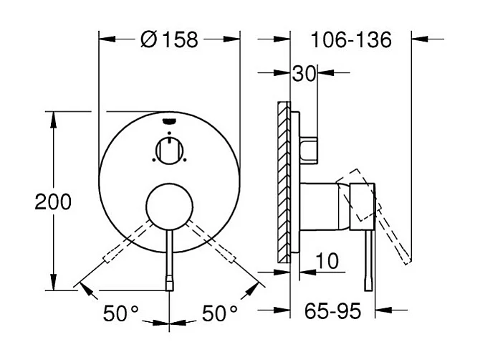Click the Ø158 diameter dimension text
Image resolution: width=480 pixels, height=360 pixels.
pos(169,39)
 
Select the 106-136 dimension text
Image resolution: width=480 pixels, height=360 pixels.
pos(351,39)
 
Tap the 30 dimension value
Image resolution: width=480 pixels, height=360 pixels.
pos(304,72)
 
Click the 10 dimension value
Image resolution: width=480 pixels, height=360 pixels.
pos(327,262)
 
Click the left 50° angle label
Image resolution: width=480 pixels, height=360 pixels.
pos(120,313)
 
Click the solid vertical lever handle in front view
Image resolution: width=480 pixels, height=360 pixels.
pos(169,258)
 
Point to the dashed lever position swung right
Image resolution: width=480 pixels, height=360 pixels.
pos(219,248)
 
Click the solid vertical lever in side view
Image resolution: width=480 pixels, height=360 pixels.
pos(369,258)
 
